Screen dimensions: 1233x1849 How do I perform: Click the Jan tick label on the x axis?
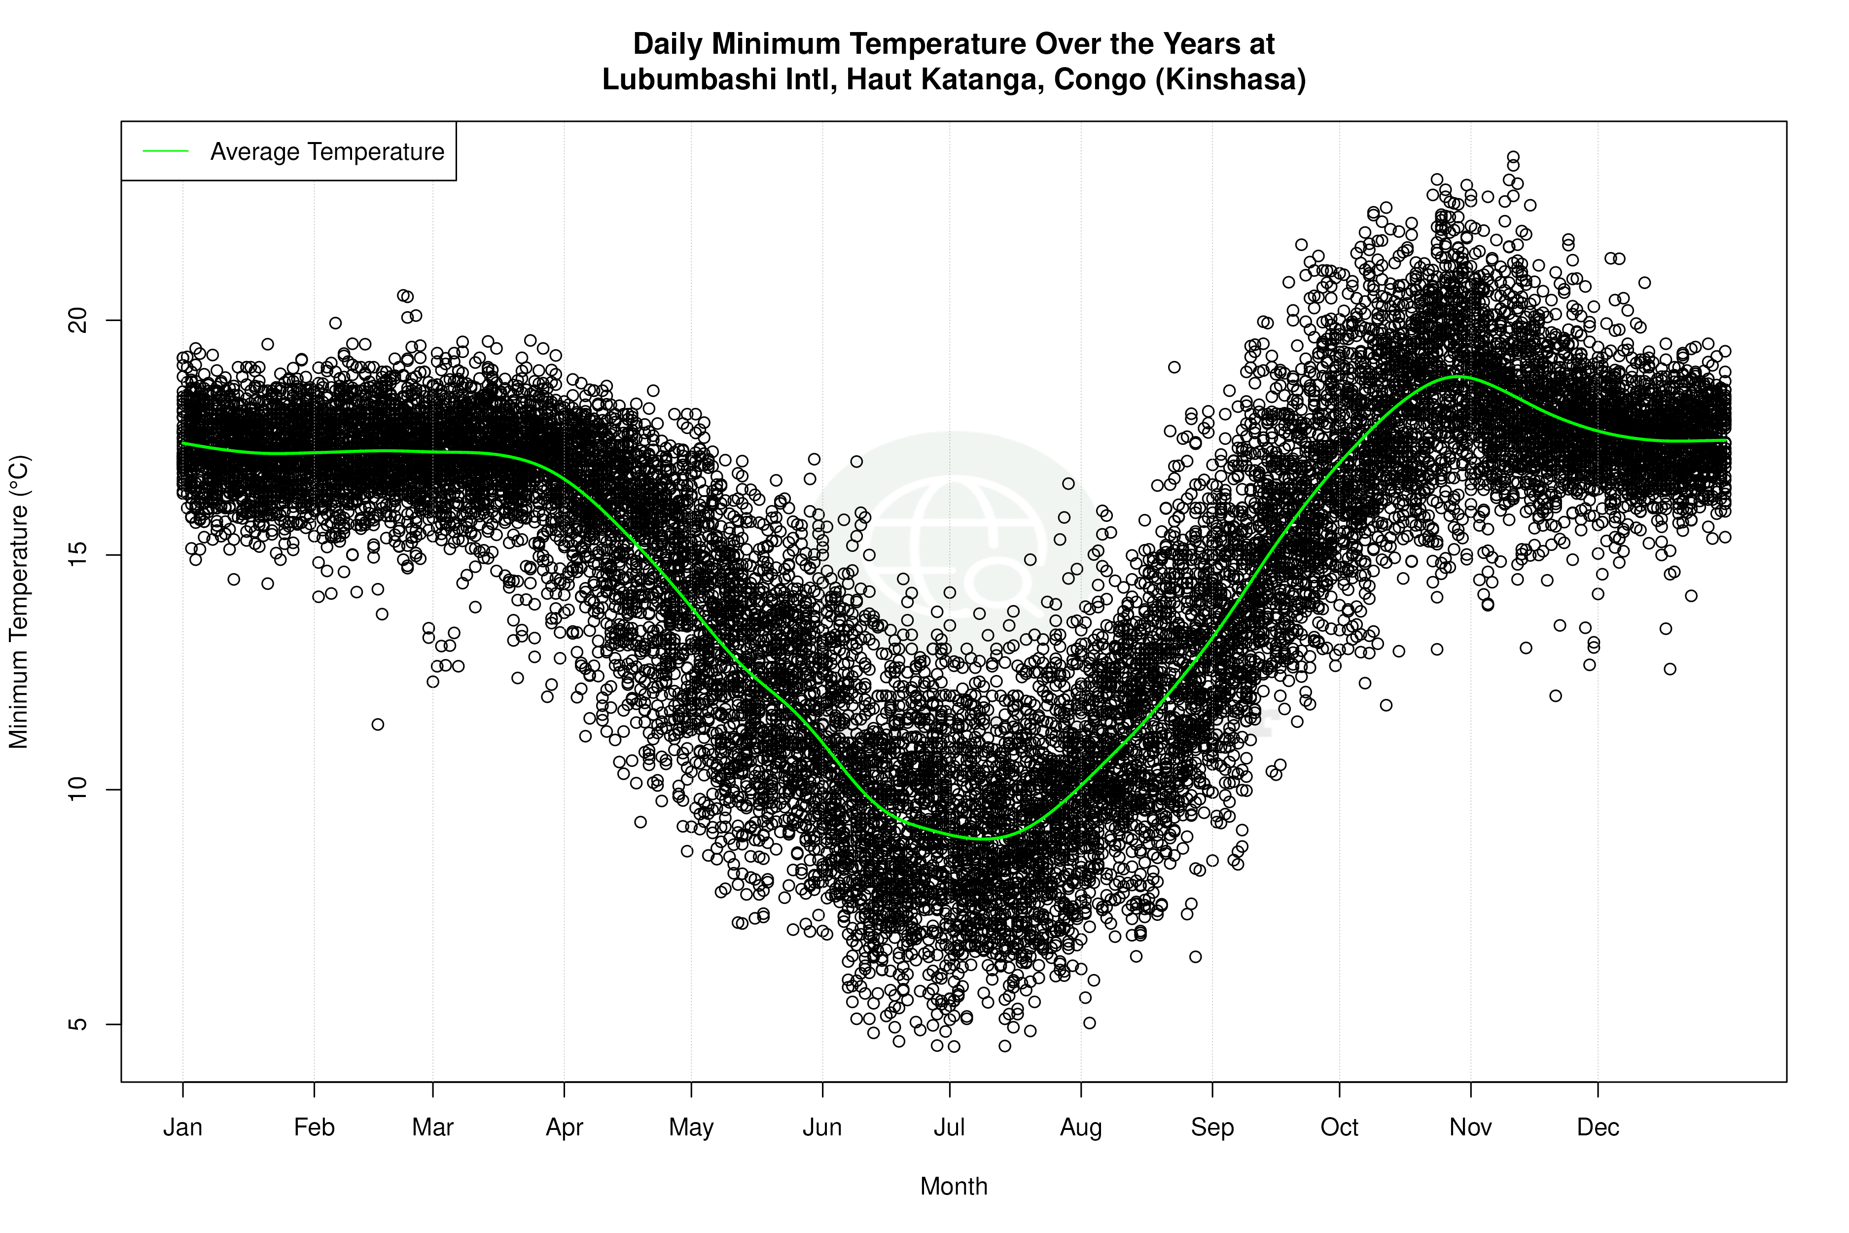182,1127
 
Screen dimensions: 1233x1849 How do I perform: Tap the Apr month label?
565,1127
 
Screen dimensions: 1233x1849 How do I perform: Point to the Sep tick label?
1212,1127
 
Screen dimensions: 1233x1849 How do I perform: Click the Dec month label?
1598,1127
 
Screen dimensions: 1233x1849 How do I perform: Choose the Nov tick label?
1470,1127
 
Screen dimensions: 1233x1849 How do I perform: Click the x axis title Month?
954,1187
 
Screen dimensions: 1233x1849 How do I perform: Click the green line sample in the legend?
166,151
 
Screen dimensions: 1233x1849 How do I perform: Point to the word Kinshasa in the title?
1230,79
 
